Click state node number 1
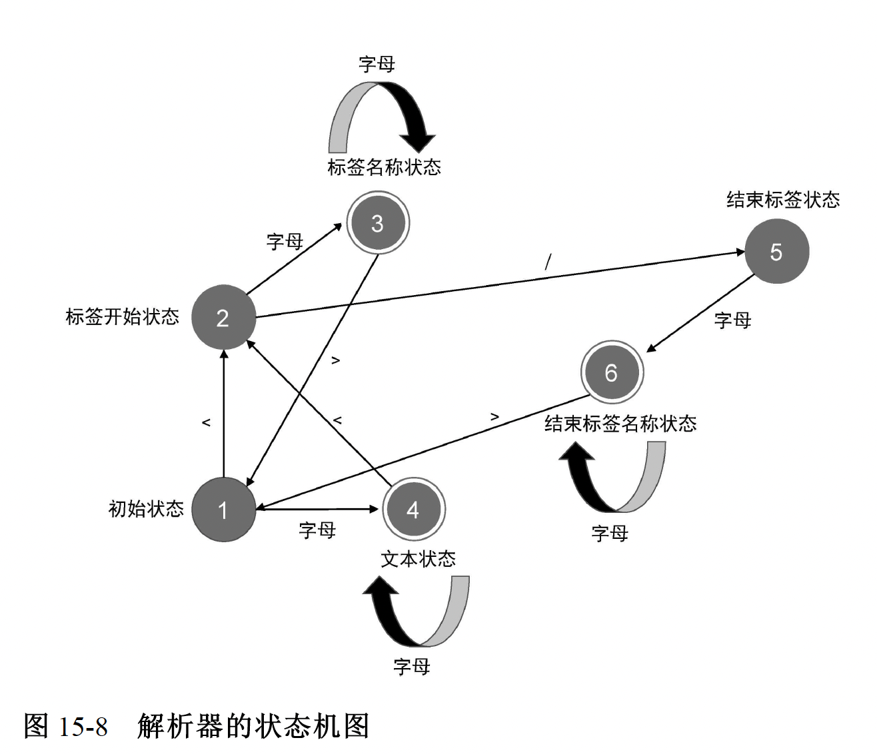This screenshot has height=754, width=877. [x=223, y=510]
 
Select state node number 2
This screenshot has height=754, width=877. [x=223, y=318]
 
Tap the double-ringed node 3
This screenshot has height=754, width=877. [x=377, y=223]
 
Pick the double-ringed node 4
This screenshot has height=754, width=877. [x=413, y=510]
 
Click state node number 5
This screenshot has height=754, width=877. [x=776, y=252]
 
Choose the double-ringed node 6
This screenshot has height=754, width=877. [x=611, y=372]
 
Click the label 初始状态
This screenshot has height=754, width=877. [x=146, y=510]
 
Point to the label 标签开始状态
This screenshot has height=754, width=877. [x=123, y=316]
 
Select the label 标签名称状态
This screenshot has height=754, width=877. [x=384, y=167]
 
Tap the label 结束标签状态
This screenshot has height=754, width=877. [x=783, y=200]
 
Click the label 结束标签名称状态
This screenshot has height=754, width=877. [x=620, y=424]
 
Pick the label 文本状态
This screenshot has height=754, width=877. [x=418, y=559]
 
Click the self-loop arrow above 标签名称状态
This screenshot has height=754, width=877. [x=382, y=117]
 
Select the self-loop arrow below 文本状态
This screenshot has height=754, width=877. [x=417, y=611]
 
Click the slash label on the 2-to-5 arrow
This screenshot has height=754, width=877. [x=548, y=262]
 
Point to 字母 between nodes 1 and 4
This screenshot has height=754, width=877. [x=317, y=530]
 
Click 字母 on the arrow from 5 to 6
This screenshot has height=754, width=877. [x=732, y=320]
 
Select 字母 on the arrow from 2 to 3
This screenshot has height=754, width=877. [x=285, y=241]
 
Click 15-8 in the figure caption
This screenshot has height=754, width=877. [x=83, y=727]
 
